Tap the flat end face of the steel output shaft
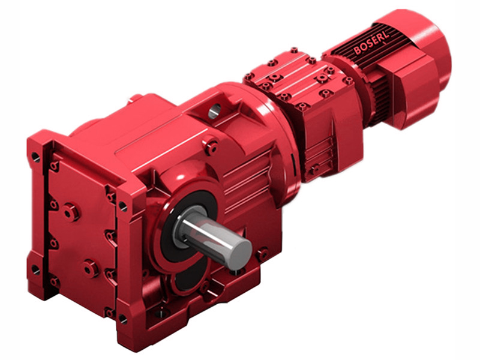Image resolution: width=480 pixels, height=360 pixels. (x=239, y=247)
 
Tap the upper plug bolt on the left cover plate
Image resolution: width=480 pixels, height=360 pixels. (x=70, y=211)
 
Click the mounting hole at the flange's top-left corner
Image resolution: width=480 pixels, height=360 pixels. (x=35, y=157)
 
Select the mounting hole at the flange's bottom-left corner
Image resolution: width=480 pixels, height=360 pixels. (x=35, y=270)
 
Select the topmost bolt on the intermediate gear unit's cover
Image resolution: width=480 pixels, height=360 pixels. (x=293, y=52)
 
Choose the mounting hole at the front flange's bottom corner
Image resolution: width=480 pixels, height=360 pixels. (x=123, y=319)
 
